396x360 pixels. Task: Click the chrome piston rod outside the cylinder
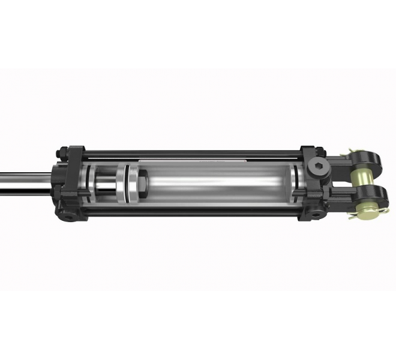coord(24,181)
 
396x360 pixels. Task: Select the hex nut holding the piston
coord(143,181)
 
